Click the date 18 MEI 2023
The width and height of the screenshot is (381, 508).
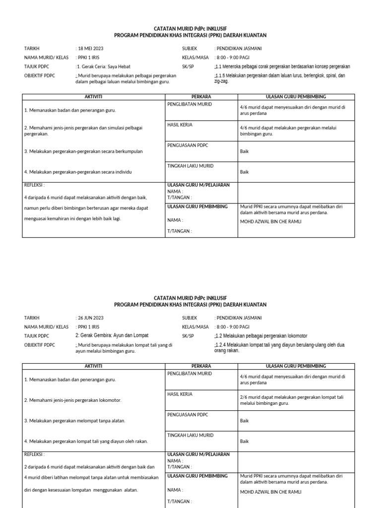tap(91, 49)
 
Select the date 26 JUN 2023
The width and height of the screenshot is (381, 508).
tap(91, 317)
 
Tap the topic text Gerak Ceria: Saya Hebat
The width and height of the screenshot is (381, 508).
tap(101, 66)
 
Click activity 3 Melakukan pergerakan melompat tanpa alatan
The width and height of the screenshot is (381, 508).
tap(74, 421)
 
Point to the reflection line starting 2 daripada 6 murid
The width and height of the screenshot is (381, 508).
tap(89, 467)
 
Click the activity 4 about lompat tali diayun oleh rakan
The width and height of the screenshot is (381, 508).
tap(85, 441)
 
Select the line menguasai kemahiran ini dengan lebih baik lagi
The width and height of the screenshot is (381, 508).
tap(72, 218)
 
